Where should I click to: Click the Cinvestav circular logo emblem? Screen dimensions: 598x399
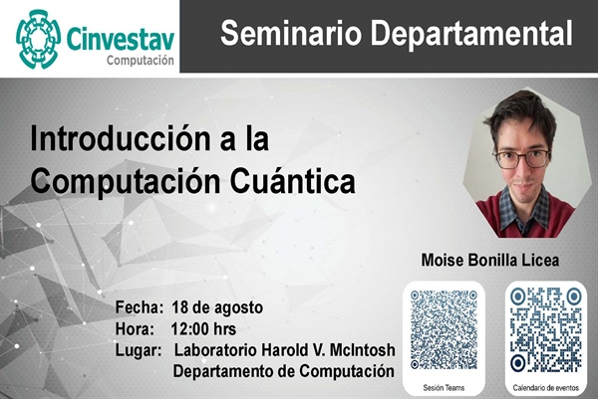(38, 39)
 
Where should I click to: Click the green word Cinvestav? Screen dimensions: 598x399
(121, 39)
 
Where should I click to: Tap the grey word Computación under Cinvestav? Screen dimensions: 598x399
(141, 60)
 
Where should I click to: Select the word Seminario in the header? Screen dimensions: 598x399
(291, 33)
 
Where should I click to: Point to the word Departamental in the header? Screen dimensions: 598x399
(471, 34)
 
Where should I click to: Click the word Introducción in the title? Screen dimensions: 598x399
(120, 138)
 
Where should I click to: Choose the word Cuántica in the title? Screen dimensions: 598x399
(292, 181)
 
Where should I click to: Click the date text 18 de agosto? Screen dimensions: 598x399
(217, 307)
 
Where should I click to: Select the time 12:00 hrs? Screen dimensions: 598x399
(203, 329)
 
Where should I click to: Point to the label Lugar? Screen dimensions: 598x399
(139, 350)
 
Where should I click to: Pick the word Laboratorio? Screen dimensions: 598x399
(215, 350)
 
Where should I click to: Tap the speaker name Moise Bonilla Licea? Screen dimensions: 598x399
(490, 261)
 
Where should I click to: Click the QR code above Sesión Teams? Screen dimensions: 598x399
(444, 329)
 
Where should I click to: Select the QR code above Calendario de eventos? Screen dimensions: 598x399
(546, 329)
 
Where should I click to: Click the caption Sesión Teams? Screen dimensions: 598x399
(444, 388)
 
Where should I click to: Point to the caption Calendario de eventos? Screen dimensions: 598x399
(546, 388)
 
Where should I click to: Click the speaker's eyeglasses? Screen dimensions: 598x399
(522, 159)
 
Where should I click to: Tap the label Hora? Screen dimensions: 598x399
(135, 329)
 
